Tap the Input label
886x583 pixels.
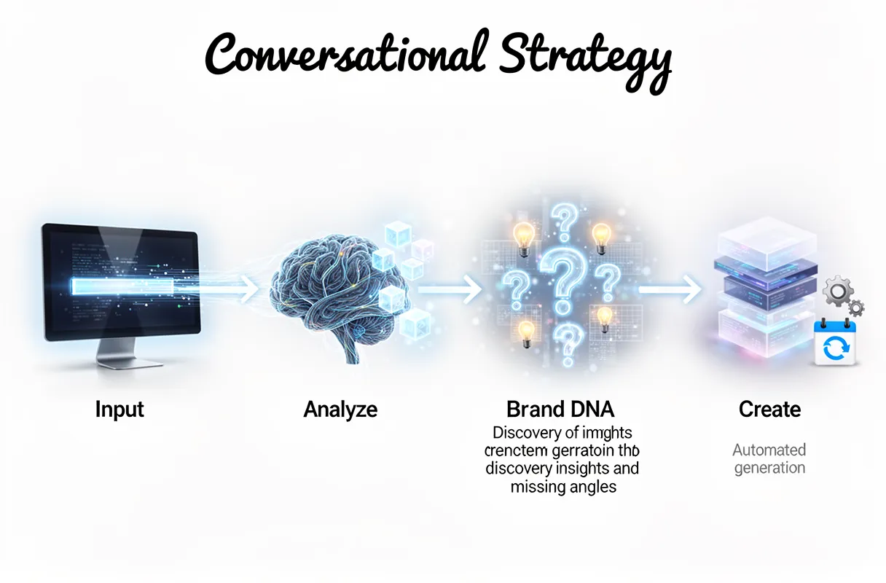coord(119,410)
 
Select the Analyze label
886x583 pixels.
coord(340,410)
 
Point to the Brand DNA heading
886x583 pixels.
coord(560,409)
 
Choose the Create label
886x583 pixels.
coord(769,410)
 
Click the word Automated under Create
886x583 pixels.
coord(769,450)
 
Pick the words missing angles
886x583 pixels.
coord(563,487)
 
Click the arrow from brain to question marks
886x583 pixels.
coord(452,291)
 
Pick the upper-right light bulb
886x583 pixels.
coord(601,235)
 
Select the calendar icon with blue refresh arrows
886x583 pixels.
coord(832,343)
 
